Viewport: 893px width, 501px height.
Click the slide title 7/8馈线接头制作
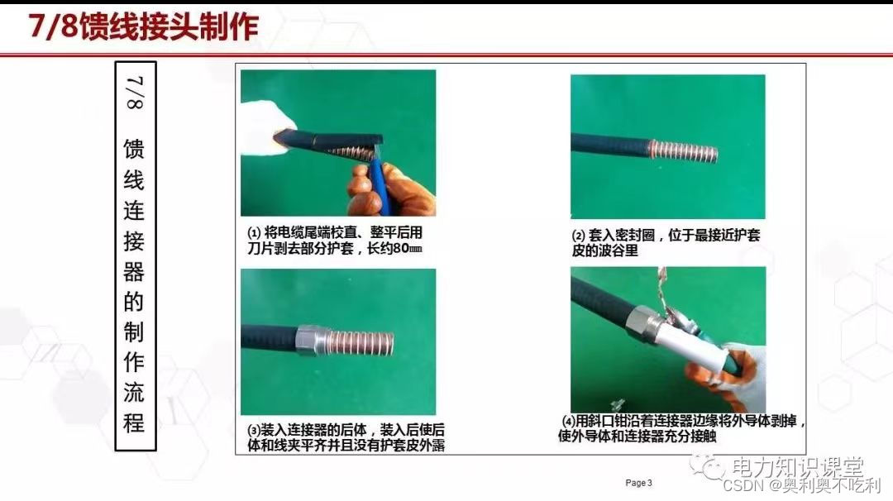(144, 26)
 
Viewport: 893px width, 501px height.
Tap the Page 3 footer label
(638, 483)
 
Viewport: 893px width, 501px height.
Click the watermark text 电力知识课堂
(797, 467)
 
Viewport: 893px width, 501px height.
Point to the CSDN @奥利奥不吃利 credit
(801, 485)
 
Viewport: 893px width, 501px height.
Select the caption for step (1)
(335, 241)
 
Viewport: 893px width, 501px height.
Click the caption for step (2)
(666, 242)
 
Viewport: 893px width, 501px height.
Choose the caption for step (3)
(346, 437)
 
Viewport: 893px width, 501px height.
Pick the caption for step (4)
(681, 429)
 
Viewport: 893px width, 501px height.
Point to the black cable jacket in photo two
(609, 145)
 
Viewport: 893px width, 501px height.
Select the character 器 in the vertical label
(135, 271)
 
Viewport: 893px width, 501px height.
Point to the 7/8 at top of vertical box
(135, 93)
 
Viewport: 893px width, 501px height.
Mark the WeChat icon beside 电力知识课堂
(708, 467)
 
